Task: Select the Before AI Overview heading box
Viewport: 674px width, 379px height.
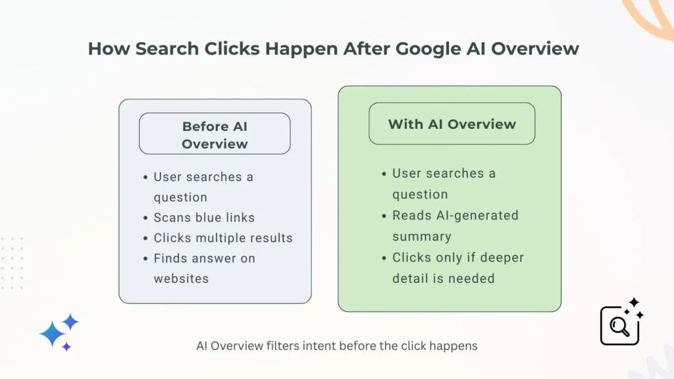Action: (x=215, y=134)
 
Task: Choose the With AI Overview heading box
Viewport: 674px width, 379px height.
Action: (x=452, y=124)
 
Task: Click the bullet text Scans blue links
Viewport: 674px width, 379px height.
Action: (x=204, y=217)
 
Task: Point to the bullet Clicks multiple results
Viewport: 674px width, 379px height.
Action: (x=223, y=238)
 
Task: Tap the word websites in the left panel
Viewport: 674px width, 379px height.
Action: (x=181, y=278)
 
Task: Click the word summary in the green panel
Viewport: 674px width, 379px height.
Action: (x=422, y=236)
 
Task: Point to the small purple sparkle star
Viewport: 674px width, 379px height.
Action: (x=66, y=347)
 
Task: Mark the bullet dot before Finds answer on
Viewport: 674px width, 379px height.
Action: (x=145, y=259)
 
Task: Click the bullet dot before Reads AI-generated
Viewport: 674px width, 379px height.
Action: (x=384, y=216)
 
